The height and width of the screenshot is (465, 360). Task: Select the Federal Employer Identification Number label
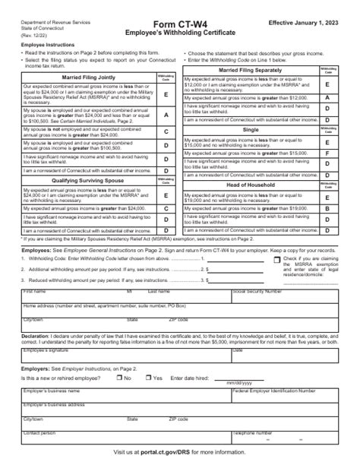click(275, 390)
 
